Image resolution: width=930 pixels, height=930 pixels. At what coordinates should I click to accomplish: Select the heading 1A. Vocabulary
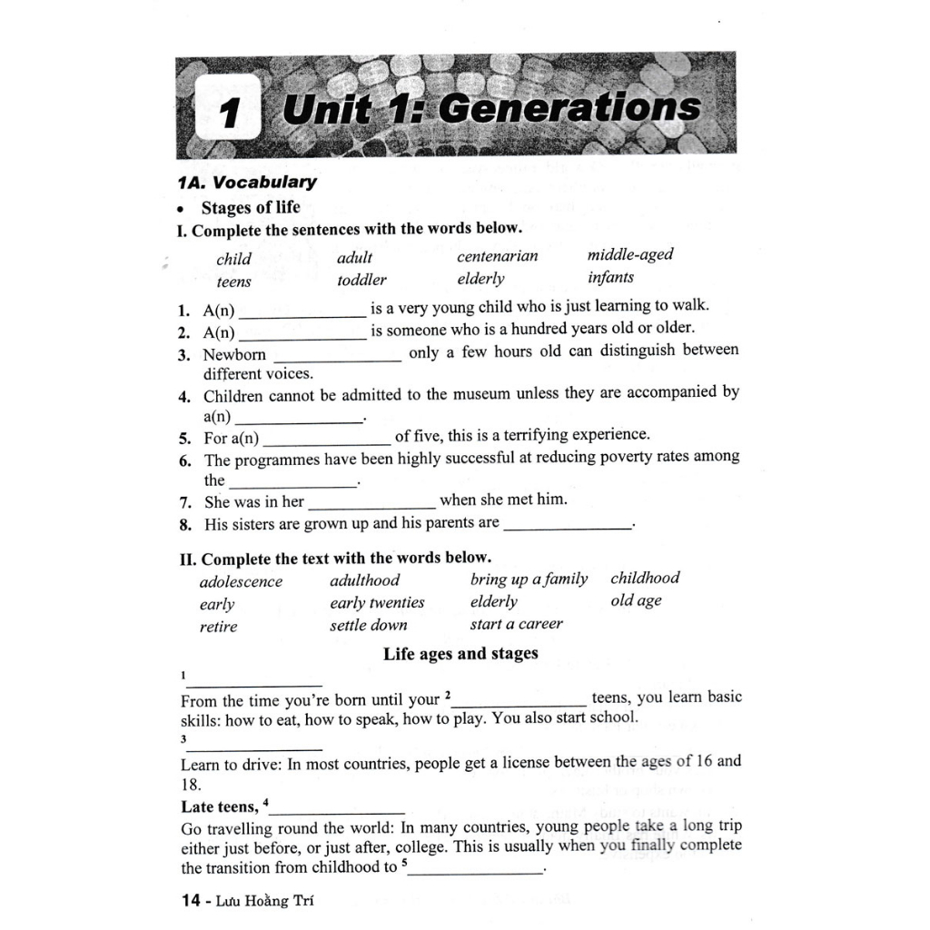click(247, 182)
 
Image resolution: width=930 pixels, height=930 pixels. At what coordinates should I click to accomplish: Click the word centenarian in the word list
click(497, 256)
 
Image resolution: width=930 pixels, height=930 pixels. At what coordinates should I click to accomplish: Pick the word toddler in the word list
click(361, 280)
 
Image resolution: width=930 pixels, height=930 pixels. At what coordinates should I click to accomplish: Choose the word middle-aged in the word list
click(630, 254)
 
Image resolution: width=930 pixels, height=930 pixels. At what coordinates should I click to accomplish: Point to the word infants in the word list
click(610, 277)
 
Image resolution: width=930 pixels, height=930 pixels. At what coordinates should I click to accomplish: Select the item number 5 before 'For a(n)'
click(185, 438)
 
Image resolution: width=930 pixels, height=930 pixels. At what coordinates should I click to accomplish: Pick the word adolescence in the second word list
click(241, 582)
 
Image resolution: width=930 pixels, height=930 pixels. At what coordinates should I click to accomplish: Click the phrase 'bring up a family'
click(529, 579)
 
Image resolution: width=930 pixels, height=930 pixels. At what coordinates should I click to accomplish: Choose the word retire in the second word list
click(218, 627)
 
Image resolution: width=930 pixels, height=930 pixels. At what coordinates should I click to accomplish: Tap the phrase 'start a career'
click(516, 624)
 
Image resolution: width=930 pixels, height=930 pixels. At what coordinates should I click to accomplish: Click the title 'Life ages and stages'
click(460, 654)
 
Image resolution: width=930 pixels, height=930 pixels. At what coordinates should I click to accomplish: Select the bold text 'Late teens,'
click(220, 806)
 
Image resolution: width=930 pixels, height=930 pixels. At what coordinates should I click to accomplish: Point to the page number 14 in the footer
click(191, 901)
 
